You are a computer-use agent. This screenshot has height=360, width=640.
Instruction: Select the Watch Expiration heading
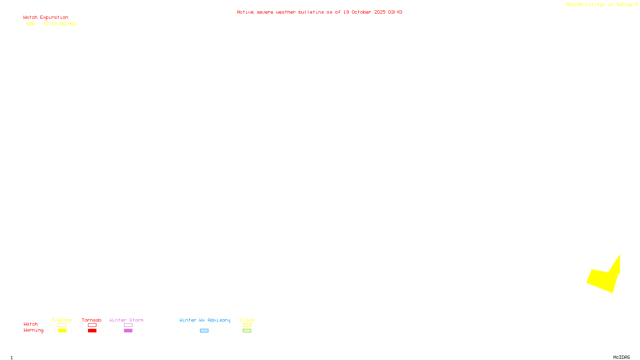46,18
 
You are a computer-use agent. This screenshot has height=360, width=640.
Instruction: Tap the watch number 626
30,24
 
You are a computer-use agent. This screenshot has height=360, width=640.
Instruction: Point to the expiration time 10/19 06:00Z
60,24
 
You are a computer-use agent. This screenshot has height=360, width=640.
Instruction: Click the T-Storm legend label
62,320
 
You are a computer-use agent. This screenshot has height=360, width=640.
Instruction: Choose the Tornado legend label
92,320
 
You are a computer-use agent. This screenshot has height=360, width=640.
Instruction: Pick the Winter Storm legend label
126,320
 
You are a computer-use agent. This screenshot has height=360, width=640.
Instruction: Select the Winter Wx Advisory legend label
205,320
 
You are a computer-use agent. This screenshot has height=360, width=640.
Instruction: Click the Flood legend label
247,320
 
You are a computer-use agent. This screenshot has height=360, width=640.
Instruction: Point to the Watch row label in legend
31,324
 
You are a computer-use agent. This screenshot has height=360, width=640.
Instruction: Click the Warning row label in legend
34,330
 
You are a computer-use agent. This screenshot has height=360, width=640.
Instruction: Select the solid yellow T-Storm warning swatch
62,331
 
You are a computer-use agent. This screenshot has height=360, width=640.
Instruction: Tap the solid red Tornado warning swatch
92,331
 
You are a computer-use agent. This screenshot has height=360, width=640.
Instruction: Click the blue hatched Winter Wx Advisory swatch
204,331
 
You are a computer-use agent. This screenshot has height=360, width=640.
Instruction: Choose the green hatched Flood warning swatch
247,331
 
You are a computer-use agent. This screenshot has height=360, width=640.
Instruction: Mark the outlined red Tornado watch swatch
92,325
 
